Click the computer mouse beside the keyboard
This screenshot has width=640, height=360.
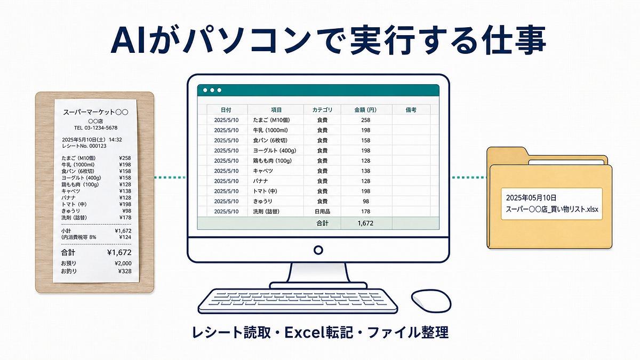pos(431,301)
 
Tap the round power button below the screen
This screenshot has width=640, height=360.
pos(318,250)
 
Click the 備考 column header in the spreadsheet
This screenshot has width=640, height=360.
pos(411,110)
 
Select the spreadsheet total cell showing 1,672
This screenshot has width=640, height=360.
pos(365,223)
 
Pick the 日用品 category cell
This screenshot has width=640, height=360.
pos(322,211)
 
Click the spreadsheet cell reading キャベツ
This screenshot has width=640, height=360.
pos(263,171)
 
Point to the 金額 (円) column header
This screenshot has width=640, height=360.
pos(365,110)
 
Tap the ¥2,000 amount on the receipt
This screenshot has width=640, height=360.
pos(123,263)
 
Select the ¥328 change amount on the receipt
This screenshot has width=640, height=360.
pos(125,271)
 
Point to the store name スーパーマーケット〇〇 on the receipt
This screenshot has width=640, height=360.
pos(95,113)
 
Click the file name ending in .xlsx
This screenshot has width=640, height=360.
pos(552,209)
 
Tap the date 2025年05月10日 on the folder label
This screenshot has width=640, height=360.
pos(531,198)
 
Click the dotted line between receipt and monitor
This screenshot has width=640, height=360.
pos(170,178)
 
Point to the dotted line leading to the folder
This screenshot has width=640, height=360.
pos(469,178)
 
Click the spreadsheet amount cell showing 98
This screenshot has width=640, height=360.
pos(366,202)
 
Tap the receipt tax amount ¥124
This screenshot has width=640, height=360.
pos(125,237)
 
